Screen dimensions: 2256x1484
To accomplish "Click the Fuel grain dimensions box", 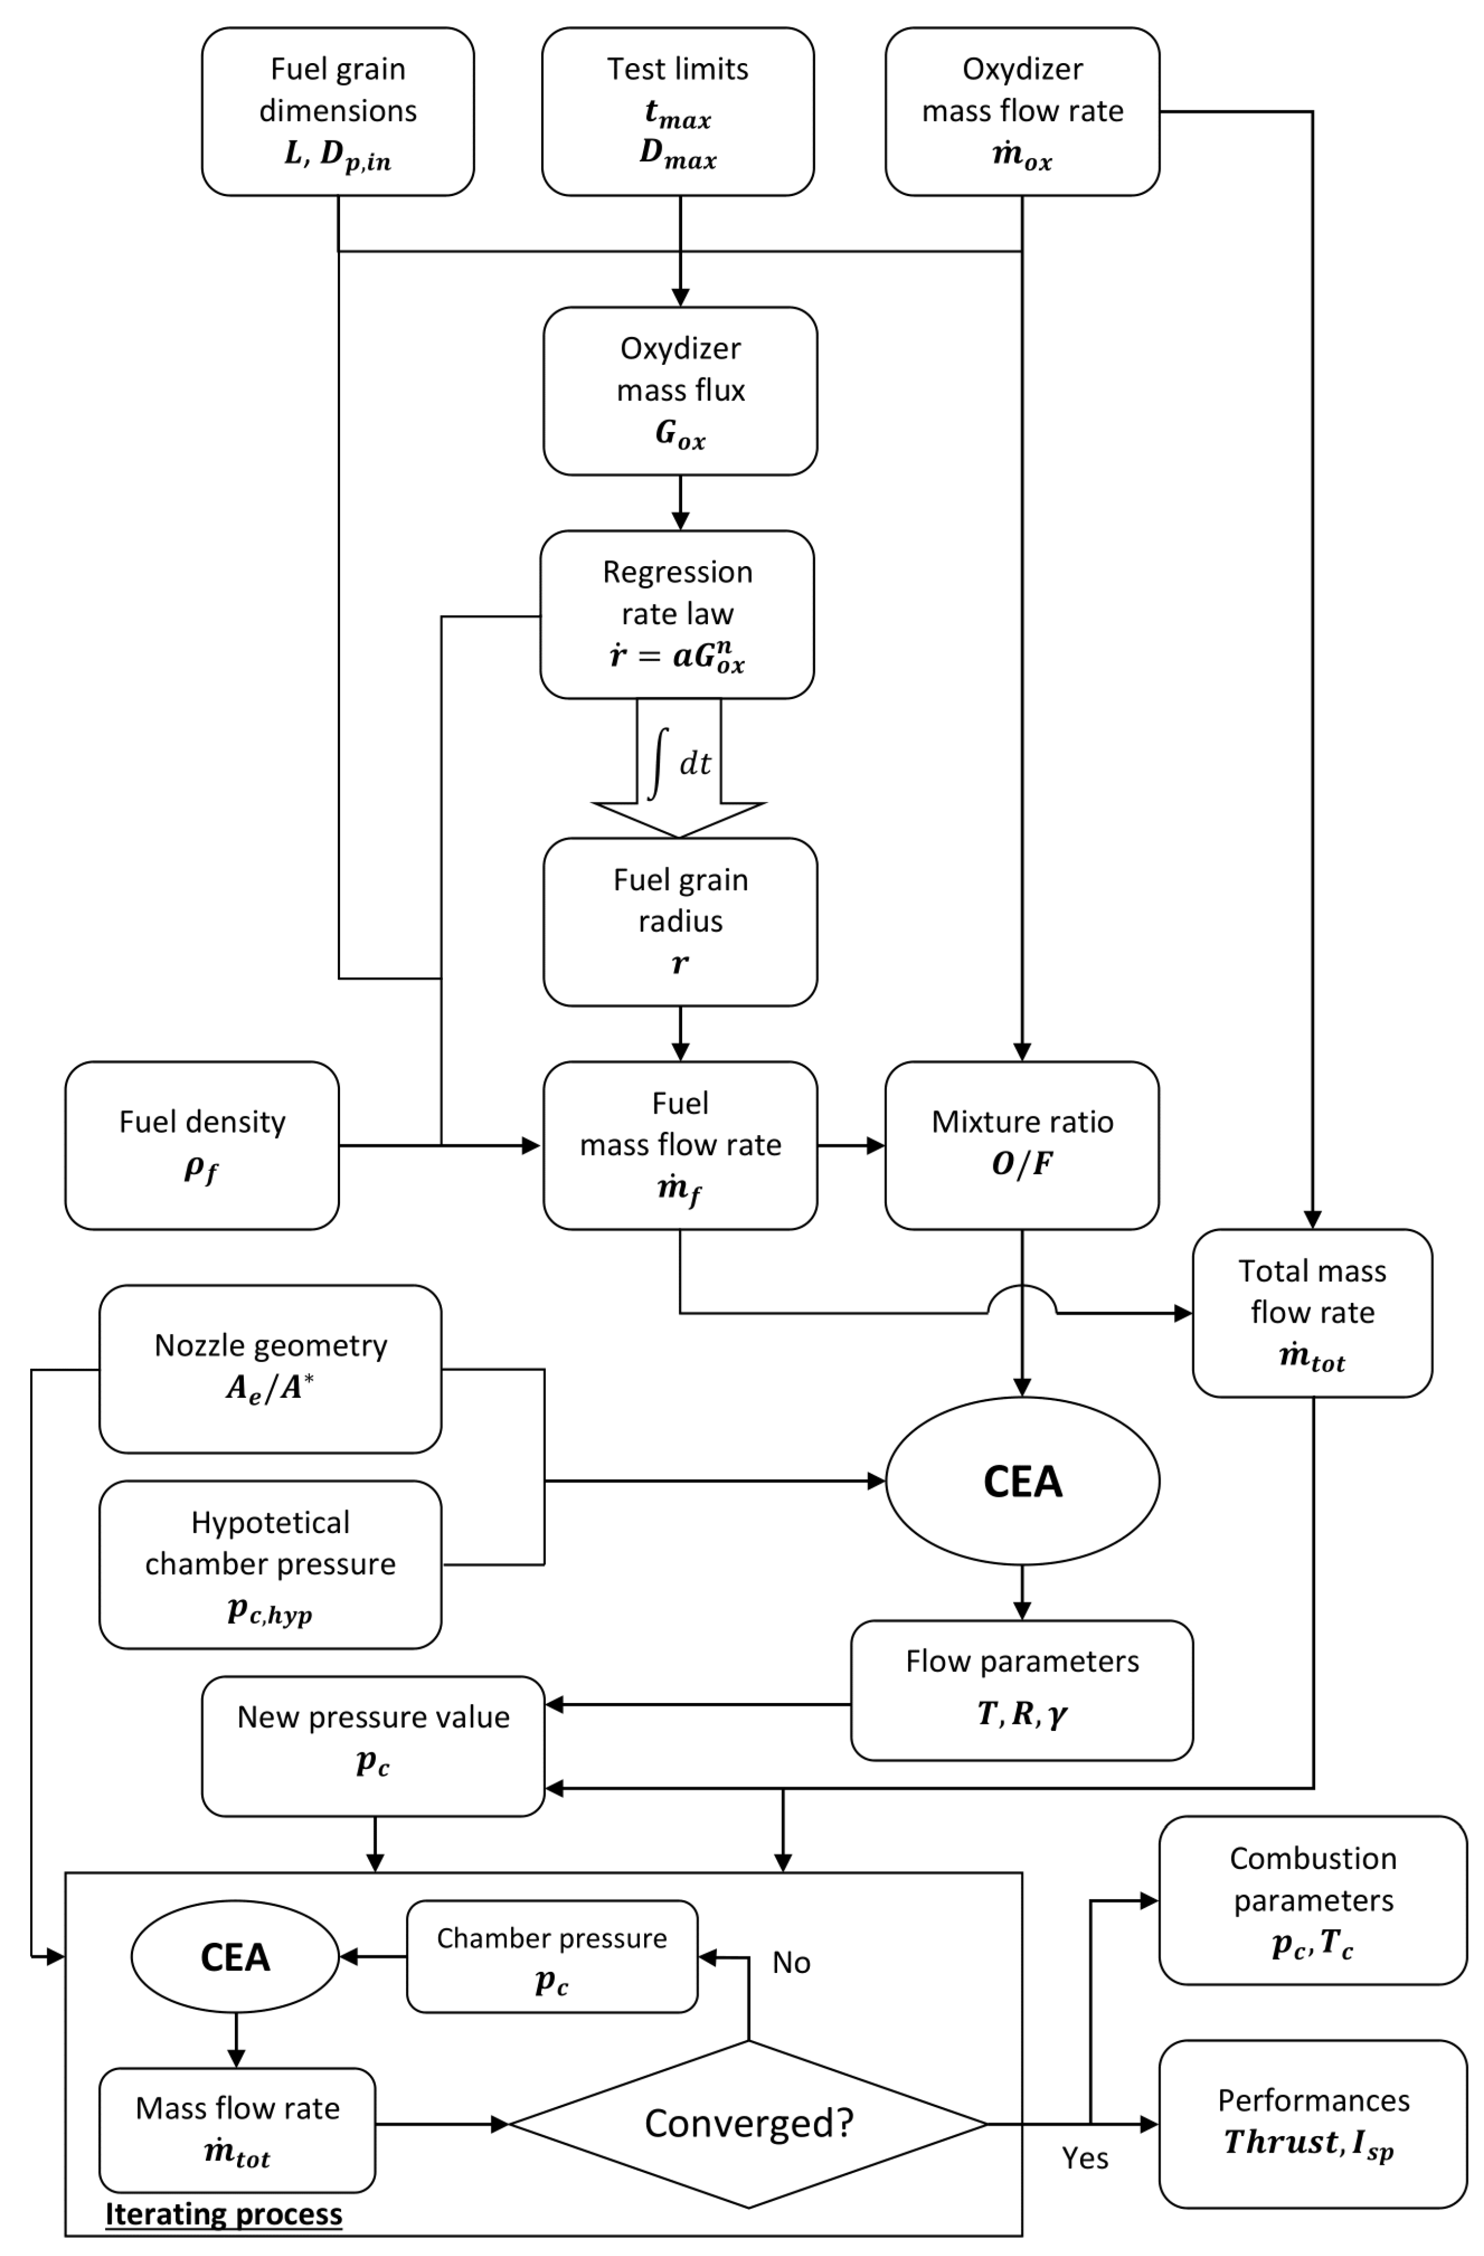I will (x=338, y=112).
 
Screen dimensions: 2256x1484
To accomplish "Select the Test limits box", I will (x=677, y=112).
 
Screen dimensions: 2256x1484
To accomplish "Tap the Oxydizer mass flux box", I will (x=680, y=390).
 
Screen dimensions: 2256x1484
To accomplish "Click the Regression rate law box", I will (x=677, y=614).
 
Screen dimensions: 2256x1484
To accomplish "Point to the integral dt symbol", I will (x=679, y=763).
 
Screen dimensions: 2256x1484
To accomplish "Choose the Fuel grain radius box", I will (x=680, y=921).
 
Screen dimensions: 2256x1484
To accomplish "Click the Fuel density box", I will (x=202, y=1145).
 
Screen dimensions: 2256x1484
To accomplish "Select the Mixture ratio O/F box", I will (x=1021, y=1145).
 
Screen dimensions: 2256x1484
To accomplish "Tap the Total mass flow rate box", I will (x=1311, y=1313).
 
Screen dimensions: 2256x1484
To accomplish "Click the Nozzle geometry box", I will (x=270, y=1369).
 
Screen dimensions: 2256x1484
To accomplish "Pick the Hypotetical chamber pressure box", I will (x=270, y=1564).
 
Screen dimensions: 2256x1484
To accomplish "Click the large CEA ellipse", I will (x=1021, y=1481).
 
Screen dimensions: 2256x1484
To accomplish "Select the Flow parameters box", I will (x=1021, y=1690).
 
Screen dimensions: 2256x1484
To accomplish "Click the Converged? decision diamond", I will (x=748, y=2124).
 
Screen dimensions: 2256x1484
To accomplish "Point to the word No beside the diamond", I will (x=791, y=1962).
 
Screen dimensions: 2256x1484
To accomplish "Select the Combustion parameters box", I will (x=1311, y=1901).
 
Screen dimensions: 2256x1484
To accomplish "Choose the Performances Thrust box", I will (x=1311, y=2124).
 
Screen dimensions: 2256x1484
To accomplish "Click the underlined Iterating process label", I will (x=224, y=2213).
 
